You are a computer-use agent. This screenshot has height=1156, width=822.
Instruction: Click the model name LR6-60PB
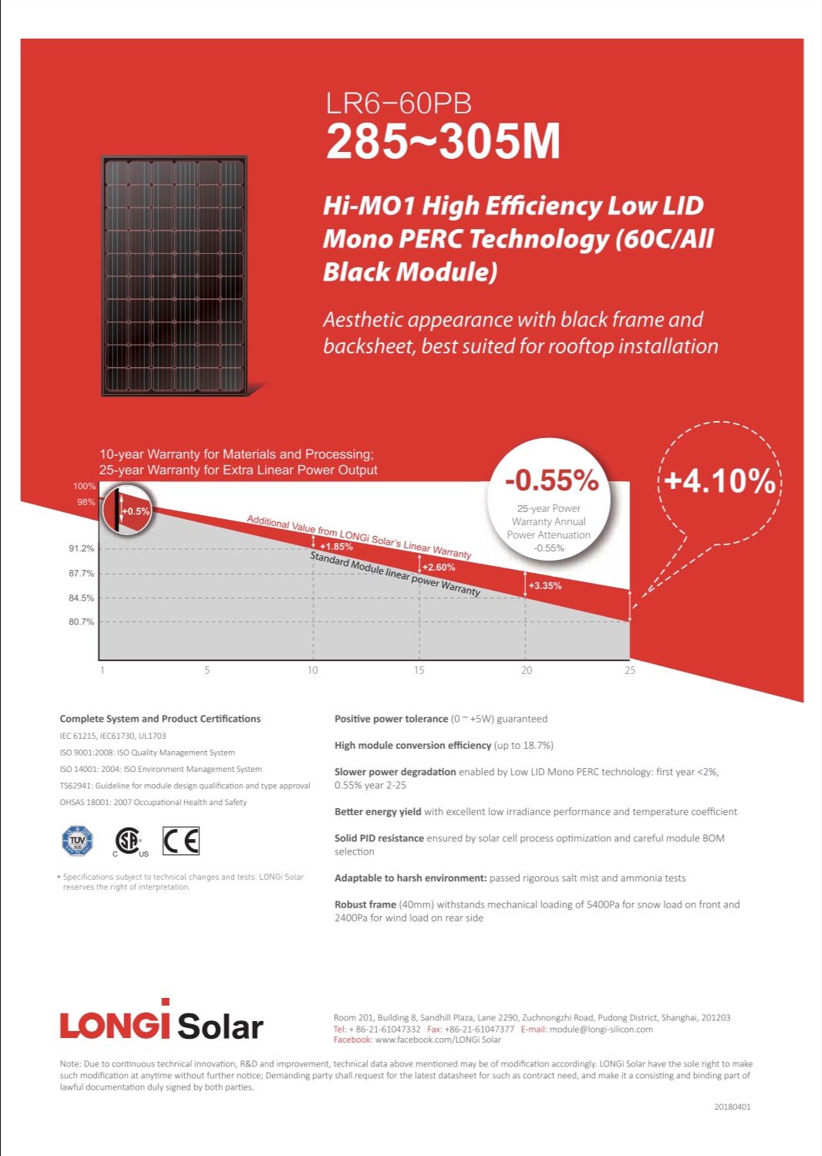click(x=398, y=103)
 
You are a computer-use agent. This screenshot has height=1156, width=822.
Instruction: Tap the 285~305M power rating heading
click(x=443, y=142)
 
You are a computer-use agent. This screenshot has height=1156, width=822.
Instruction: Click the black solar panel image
click(x=174, y=276)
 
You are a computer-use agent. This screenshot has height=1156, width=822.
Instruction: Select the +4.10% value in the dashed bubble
click(x=719, y=480)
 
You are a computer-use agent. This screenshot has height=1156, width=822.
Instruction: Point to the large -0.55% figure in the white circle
click(x=551, y=480)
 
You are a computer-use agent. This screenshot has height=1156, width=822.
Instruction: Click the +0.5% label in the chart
click(x=136, y=511)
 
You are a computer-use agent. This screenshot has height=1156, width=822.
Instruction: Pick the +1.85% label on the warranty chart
click(x=336, y=547)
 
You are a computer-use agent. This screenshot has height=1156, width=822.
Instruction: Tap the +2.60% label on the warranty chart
click(x=439, y=568)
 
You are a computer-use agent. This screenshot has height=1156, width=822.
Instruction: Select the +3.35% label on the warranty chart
click(x=545, y=586)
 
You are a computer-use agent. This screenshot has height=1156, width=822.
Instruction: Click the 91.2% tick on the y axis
click(x=81, y=548)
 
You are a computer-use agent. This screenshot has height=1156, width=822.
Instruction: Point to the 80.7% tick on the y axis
click(x=81, y=622)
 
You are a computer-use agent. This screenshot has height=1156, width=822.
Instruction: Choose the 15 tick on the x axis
click(x=419, y=670)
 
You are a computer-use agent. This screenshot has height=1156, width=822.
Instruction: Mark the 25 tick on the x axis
click(x=630, y=670)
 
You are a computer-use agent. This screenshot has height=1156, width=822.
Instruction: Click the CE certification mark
click(x=181, y=841)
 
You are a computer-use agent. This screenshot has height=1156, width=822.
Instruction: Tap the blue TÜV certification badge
click(x=77, y=841)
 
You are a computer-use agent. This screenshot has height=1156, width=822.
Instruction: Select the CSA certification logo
click(x=129, y=841)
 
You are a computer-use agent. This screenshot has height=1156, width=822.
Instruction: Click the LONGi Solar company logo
click(x=161, y=1023)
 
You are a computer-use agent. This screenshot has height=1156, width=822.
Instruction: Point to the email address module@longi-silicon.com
click(x=601, y=1029)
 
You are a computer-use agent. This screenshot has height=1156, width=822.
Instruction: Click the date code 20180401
click(x=732, y=1107)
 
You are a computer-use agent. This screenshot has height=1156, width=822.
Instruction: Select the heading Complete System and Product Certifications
click(x=160, y=719)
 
